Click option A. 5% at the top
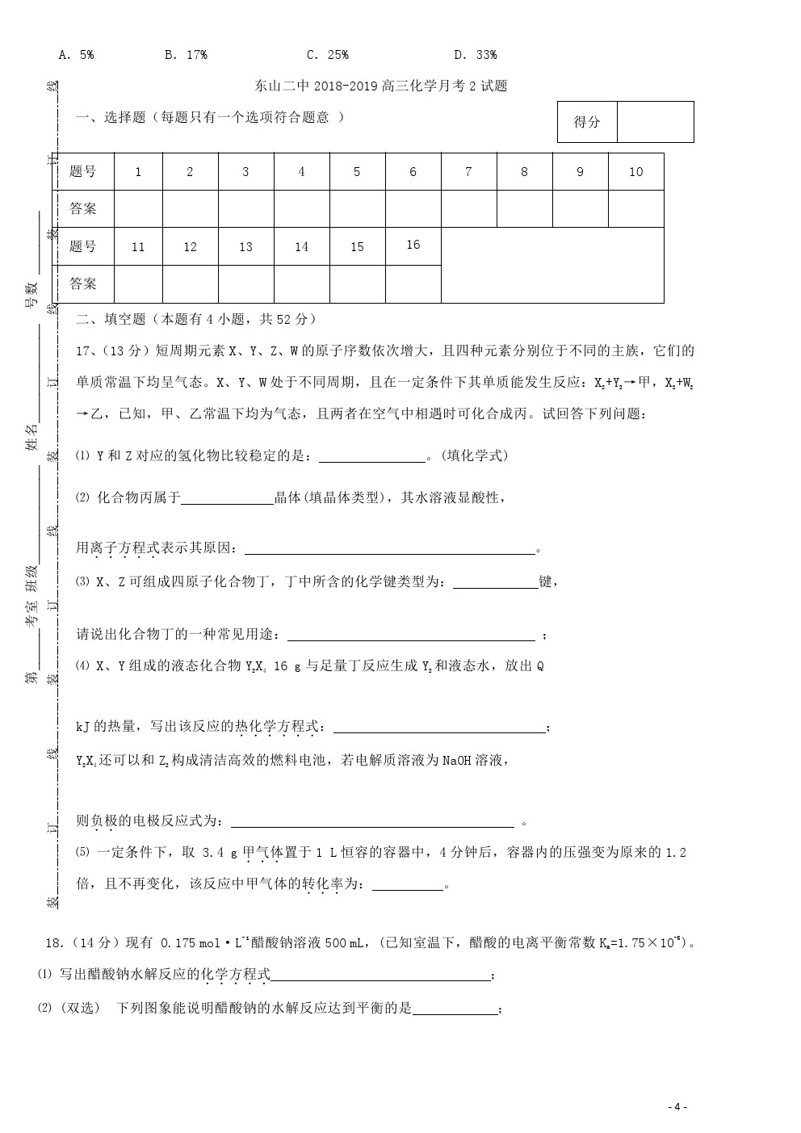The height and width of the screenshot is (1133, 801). coord(77,55)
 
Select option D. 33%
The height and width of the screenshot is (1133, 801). coord(475,55)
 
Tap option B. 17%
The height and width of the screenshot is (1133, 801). coord(186,55)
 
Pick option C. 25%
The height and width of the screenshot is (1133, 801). coord(327,55)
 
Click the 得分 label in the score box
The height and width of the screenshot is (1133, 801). coord(587,122)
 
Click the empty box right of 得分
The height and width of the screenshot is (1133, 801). coord(655,122)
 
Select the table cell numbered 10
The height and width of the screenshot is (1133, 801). coord(635,172)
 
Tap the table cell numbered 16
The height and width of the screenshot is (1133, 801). coord(413,245)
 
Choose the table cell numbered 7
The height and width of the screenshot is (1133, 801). coord(468,172)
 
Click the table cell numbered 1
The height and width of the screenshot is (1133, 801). coord(138,172)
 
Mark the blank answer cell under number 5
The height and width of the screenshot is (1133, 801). coord(357,209)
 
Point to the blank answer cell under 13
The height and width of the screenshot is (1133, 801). coord(245,283)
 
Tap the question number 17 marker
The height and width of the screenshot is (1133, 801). coord(83,351)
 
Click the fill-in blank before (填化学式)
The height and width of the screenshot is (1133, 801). coord(372,457)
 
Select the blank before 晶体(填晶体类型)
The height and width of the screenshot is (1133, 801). coord(227,499)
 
